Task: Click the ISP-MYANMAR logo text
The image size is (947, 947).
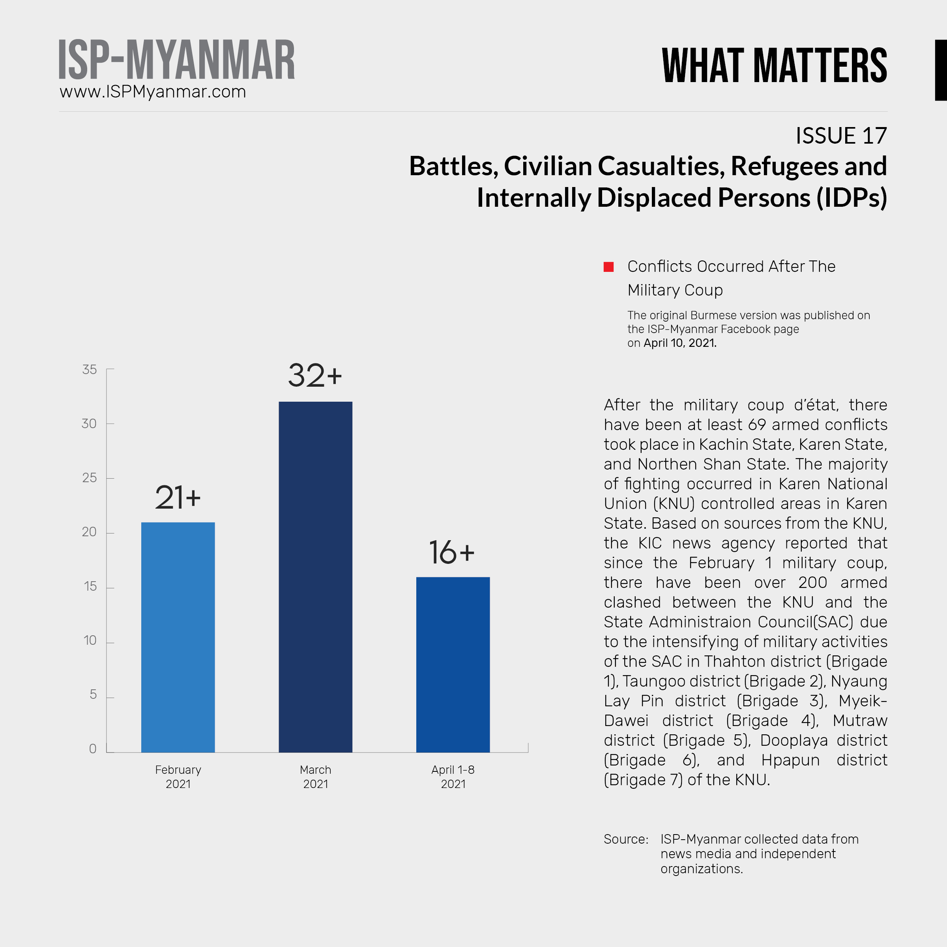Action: [x=176, y=60]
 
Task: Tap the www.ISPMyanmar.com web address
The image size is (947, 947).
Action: [x=152, y=92]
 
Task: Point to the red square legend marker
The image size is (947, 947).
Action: [x=608, y=267]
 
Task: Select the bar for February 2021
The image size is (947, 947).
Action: [x=178, y=637]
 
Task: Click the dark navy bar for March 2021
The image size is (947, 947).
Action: [x=315, y=576]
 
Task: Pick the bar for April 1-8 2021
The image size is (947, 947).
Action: [x=453, y=664]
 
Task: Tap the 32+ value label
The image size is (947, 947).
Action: [x=315, y=376]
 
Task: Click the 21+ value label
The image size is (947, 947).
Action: [x=178, y=498]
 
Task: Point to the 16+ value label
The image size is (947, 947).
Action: [x=451, y=552]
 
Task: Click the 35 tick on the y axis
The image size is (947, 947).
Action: [x=89, y=370]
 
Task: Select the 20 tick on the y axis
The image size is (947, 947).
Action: [x=89, y=532]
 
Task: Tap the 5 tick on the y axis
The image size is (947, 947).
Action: [x=93, y=694]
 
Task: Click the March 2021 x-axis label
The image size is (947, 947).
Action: [x=315, y=777]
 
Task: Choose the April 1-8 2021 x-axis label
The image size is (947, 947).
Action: [x=453, y=777]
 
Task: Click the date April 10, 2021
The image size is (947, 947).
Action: [x=680, y=343]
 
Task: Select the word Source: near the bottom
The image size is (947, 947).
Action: [x=626, y=839]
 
